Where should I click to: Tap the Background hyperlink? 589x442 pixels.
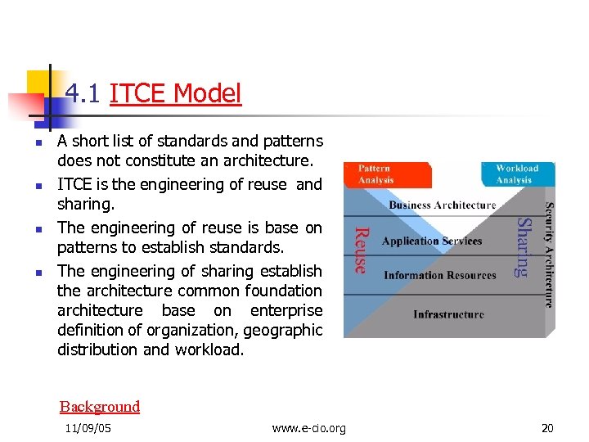[100, 407]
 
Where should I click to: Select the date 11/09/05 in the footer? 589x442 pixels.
[88, 428]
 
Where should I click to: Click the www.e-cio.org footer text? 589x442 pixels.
[308, 428]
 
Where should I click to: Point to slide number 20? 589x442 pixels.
[547, 428]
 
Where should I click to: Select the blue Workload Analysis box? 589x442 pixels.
[517, 174]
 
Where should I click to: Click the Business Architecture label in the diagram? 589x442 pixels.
[442, 205]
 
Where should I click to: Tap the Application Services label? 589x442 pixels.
[432, 241]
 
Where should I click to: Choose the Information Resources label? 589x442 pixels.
[440, 276]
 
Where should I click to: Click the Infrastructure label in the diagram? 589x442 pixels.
[448, 314]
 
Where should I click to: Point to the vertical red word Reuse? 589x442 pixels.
[359, 250]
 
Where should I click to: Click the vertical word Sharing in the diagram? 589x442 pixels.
[524, 246]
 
